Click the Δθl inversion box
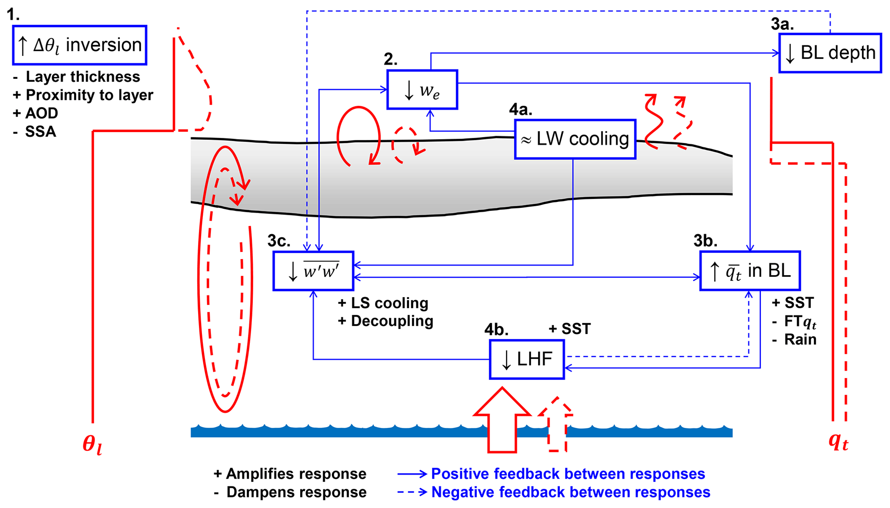click(x=80, y=45)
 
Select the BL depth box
click(x=830, y=53)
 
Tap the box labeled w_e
click(x=422, y=90)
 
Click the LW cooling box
click(x=575, y=139)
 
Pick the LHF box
click(x=527, y=359)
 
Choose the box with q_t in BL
click(x=750, y=271)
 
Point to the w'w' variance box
click(x=313, y=271)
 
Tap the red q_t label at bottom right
click(x=838, y=441)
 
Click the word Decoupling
click(x=392, y=321)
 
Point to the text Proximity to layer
click(x=89, y=95)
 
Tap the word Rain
click(x=800, y=340)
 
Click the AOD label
click(x=41, y=113)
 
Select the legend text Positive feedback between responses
click(x=568, y=474)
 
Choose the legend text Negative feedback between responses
click(x=571, y=492)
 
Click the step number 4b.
click(x=496, y=330)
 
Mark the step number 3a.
click(x=782, y=24)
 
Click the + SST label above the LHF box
click(x=570, y=329)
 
